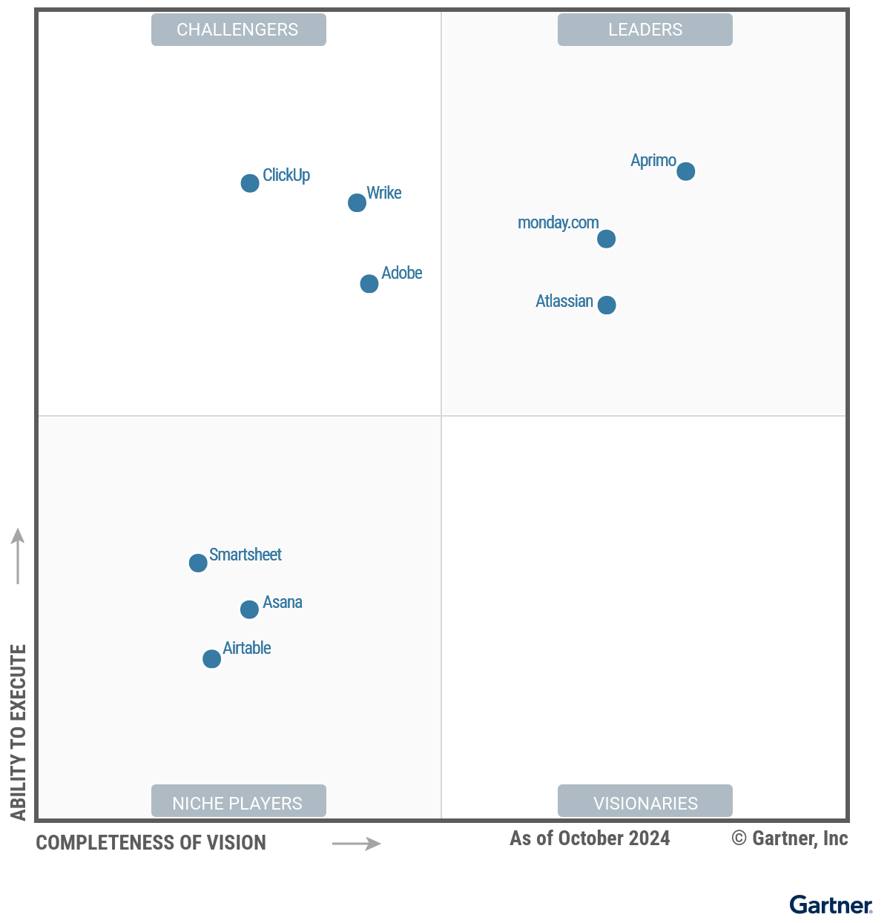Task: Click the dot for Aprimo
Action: coord(685,171)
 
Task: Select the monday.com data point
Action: coord(606,239)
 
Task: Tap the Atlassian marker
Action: coord(606,305)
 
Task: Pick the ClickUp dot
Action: coord(250,183)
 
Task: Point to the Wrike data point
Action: coord(357,202)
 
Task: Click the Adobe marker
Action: coord(369,283)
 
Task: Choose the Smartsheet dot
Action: coord(198,563)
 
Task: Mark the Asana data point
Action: coord(249,609)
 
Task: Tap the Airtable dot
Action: coord(211,658)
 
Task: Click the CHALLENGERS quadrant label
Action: coord(238,30)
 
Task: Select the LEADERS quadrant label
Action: coord(645,30)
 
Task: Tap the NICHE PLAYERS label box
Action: coord(238,801)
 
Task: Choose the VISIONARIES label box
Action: coord(645,801)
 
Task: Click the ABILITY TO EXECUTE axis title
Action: coord(19,732)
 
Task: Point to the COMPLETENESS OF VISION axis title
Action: coord(151,843)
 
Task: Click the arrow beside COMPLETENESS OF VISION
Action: coord(356,844)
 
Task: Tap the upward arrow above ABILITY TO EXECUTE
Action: coord(18,555)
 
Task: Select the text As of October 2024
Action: coord(590,838)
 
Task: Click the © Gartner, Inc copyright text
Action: coord(789,838)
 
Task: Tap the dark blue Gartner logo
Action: coord(831,904)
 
